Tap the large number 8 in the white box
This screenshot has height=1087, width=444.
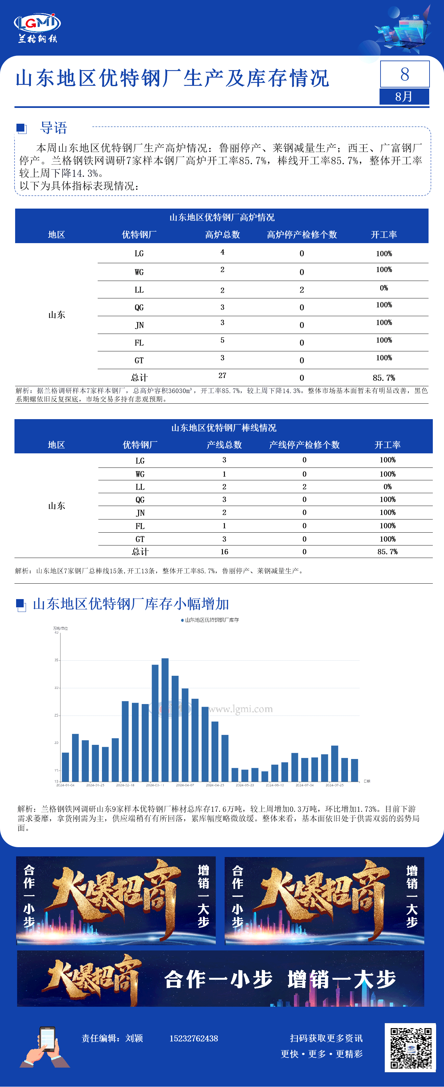coord(404,74)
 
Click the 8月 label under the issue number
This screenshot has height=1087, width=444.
coord(404,97)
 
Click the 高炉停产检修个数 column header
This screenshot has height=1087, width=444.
coord(302,235)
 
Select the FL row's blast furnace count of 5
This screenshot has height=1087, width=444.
coord(222,340)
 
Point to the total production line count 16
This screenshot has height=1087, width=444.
coord(224,551)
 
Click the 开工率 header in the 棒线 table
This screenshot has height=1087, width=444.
coord(387,445)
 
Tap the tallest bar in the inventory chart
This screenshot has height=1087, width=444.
coord(165,720)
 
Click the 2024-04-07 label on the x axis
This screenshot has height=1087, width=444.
coord(185,785)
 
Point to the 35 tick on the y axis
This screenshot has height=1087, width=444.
coord(56,660)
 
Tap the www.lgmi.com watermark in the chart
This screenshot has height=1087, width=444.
coord(240,709)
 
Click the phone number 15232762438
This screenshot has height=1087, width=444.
coord(193,1038)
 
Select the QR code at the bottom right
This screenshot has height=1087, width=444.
coord(410,1048)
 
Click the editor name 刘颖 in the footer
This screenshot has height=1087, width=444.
coord(134,1038)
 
